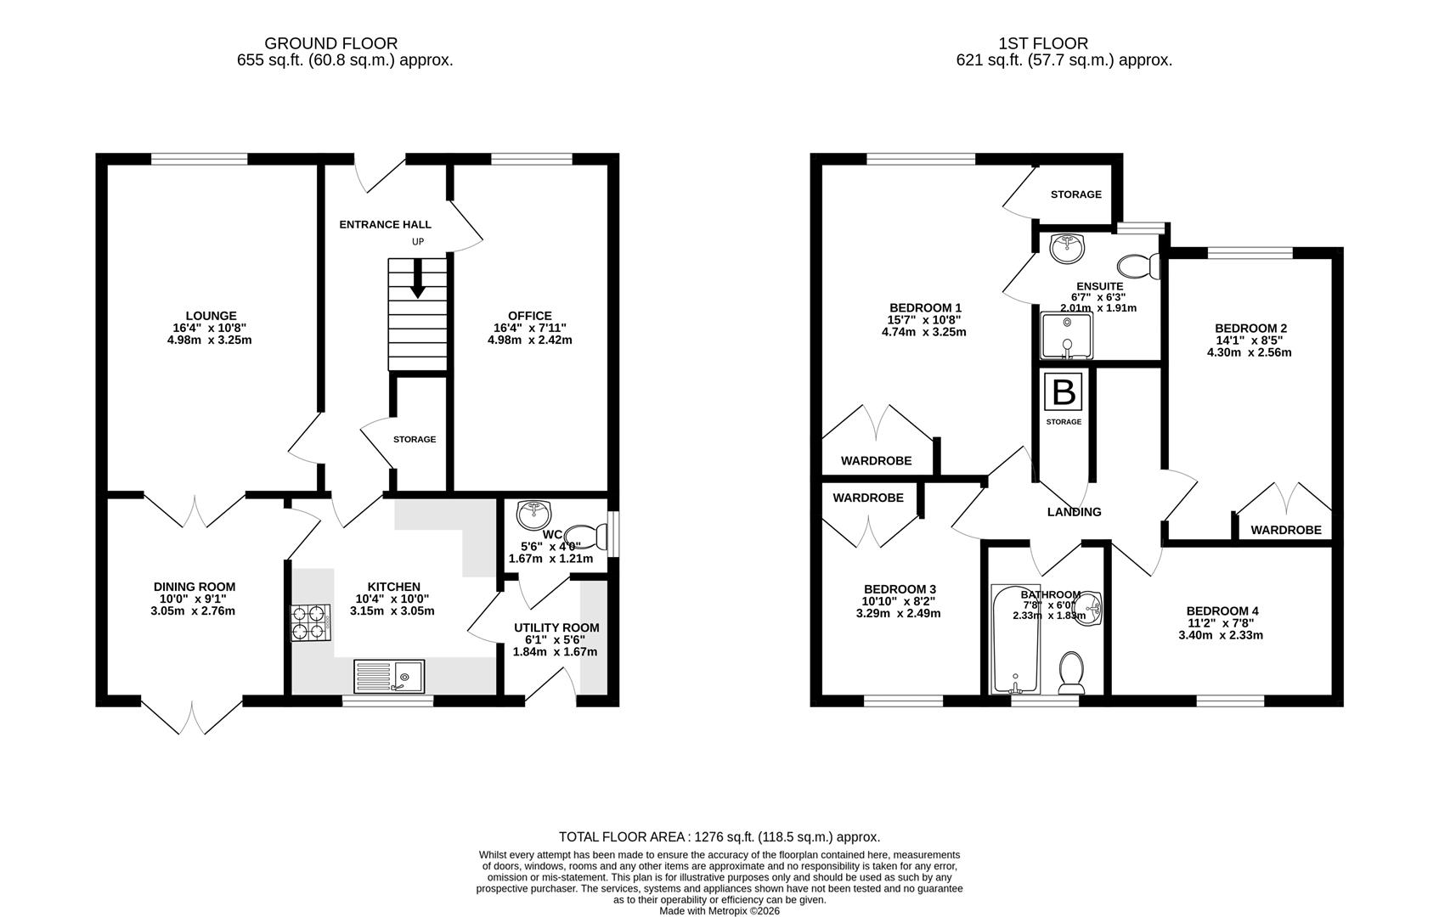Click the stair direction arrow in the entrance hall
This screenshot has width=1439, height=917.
click(417, 281)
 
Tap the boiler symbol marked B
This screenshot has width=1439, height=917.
click(1064, 392)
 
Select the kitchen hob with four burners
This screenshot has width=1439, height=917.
click(311, 622)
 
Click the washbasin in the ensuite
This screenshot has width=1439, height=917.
click(1065, 248)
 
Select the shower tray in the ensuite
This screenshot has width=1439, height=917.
click(1066, 335)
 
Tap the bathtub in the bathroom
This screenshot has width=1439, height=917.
click(1015, 639)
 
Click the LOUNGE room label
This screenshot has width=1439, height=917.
click(212, 316)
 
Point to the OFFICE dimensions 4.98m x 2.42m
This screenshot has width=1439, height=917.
click(529, 340)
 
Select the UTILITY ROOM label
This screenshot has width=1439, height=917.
click(556, 627)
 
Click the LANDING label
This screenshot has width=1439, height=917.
click(1074, 512)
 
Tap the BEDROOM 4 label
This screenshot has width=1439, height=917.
click(1222, 610)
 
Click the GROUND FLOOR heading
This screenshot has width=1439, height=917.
click(330, 43)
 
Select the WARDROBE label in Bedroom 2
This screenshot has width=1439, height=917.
click(1285, 530)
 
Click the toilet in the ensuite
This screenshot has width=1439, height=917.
click(1141, 266)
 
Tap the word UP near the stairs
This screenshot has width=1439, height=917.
click(417, 241)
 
